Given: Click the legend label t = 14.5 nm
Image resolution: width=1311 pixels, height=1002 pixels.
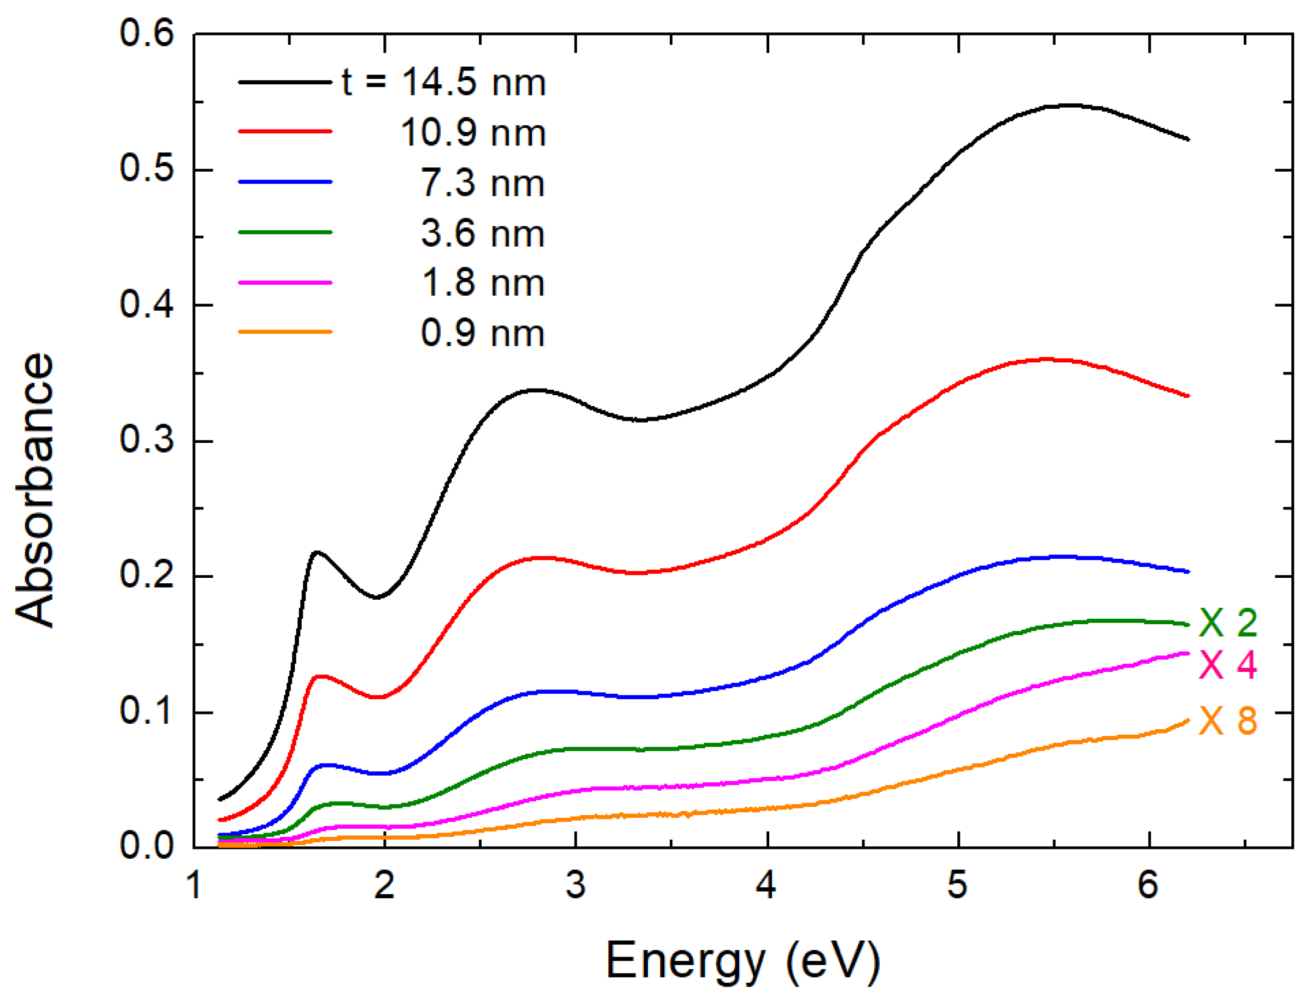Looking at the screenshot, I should [444, 83].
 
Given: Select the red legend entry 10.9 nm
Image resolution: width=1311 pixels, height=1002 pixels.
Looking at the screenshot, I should [472, 132].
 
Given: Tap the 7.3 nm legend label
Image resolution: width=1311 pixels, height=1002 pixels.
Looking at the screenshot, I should [482, 183].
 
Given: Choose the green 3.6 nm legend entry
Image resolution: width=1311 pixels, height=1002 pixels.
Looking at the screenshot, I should [482, 233].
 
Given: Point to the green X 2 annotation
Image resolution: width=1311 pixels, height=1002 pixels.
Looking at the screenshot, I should [1227, 623].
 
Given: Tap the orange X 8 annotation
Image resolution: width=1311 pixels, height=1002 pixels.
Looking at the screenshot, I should [1227, 721].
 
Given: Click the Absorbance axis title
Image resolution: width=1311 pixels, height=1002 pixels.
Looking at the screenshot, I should [34, 489].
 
